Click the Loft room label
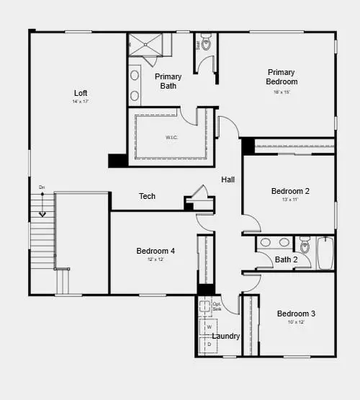(x=81, y=93)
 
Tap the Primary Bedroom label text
(x=281, y=76)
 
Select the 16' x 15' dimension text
(x=281, y=92)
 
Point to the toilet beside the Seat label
(x=206, y=44)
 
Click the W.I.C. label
(x=171, y=137)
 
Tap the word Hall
(x=228, y=179)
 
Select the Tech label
(x=147, y=196)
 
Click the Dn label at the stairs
(x=42, y=187)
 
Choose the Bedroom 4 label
(x=156, y=251)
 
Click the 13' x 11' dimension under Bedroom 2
(x=290, y=200)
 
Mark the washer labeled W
(x=210, y=326)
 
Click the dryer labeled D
(x=210, y=344)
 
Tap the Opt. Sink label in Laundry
(x=217, y=307)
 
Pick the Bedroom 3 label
(x=296, y=314)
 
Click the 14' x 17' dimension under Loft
(x=81, y=102)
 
